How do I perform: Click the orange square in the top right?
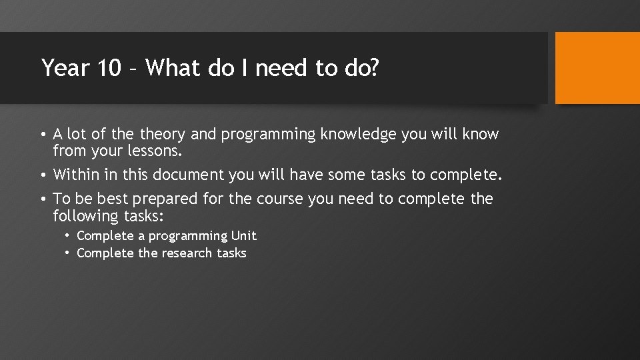[597, 68]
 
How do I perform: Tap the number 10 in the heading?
[110, 68]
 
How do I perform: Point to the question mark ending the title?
[374, 68]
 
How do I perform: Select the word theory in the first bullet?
[163, 135]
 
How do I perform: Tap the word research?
[184, 253]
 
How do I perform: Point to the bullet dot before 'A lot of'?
[43, 135]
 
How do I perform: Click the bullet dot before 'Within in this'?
[43, 175]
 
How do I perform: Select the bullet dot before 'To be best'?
[43, 199]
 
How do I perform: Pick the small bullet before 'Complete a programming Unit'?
[68, 236]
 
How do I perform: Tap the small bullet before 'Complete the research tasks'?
[68, 253]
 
